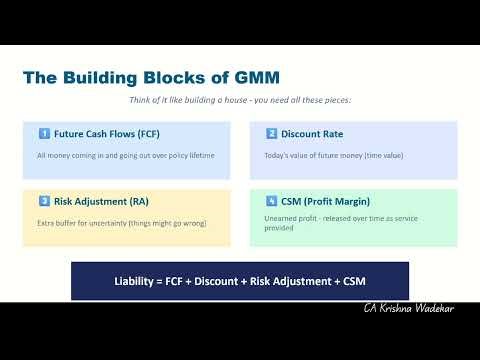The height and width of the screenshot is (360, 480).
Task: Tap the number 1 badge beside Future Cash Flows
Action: pos(44,133)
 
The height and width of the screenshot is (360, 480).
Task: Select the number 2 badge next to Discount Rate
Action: pos(271,133)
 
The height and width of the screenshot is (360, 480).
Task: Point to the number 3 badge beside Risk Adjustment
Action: pos(44,201)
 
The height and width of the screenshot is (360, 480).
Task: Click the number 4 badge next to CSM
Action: pos(271,201)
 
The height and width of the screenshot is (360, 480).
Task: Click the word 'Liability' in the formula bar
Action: pos(135,281)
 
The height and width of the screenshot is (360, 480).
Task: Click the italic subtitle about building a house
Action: pos(240,100)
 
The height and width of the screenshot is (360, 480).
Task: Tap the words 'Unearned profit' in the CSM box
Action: pos(290,217)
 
